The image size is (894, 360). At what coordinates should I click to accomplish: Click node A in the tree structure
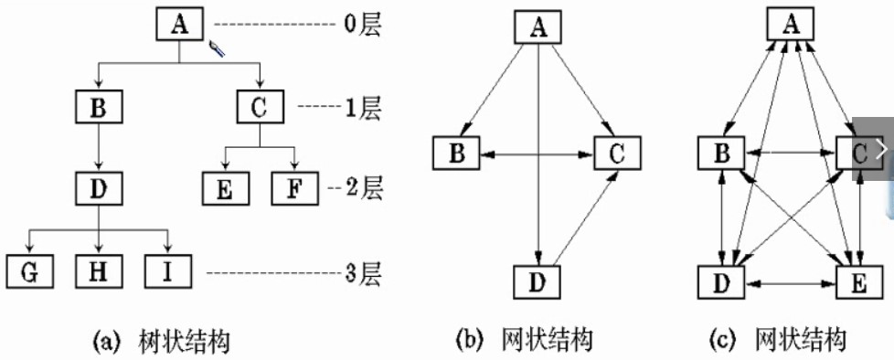click(x=179, y=26)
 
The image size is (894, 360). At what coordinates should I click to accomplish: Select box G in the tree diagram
click(x=29, y=272)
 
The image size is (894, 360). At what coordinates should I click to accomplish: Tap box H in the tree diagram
click(x=98, y=272)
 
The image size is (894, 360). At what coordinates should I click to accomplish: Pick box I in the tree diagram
click(x=167, y=272)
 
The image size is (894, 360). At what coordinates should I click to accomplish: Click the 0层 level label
click(x=361, y=25)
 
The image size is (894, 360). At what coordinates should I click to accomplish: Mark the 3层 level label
click(x=360, y=272)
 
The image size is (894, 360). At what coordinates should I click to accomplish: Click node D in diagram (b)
click(x=539, y=282)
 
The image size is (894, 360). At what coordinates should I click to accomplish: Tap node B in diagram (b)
click(x=456, y=153)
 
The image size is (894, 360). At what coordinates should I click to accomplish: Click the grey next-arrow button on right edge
click(x=879, y=149)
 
